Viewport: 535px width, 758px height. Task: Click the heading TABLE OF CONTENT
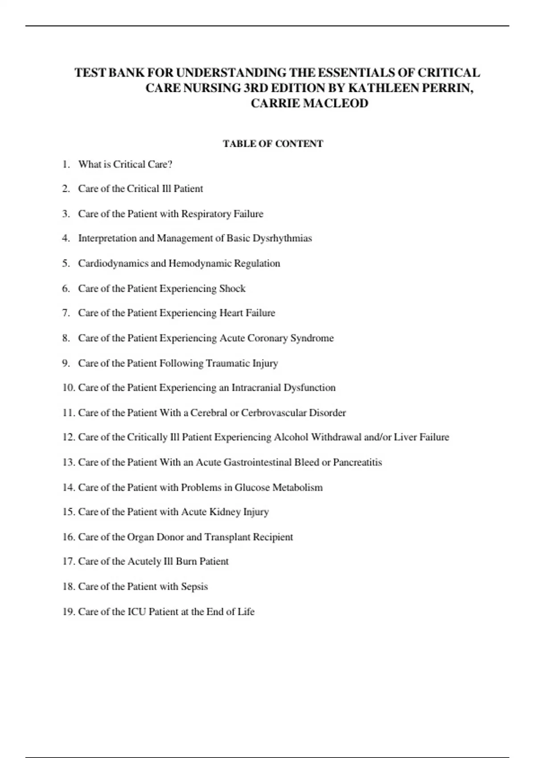click(273, 144)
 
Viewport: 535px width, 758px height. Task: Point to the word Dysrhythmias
click(282, 238)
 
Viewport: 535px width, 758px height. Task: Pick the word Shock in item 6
click(232, 288)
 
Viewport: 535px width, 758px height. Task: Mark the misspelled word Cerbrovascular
click(274, 413)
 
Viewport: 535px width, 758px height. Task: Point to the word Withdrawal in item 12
click(336, 437)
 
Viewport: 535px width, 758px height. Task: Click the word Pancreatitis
click(358, 462)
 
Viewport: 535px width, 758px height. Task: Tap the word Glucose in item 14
click(252, 487)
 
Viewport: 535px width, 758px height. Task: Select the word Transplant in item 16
click(227, 537)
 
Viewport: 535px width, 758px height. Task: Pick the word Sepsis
click(194, 586)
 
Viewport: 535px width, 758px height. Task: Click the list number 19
click(68, 612)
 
